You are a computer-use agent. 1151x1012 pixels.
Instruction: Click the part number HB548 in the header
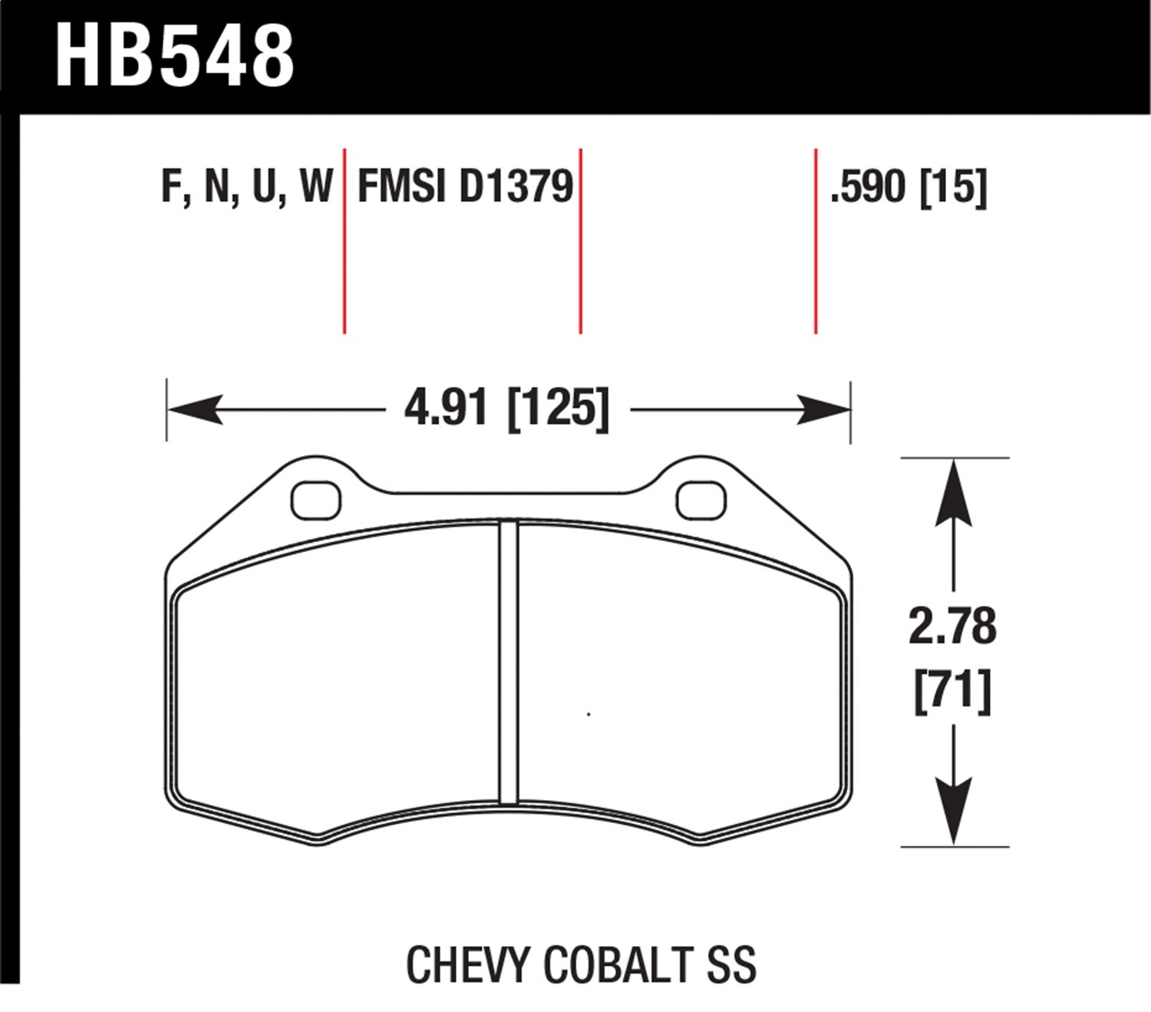coord(175,55)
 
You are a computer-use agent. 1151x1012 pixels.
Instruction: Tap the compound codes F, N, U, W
coord(247,187)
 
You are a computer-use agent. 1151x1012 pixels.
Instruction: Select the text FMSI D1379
coord(465,187)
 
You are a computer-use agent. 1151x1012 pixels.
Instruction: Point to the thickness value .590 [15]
coord(908,187)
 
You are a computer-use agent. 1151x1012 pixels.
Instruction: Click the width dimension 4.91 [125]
coord(507,408)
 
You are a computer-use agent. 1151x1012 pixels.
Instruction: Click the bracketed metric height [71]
coord(952,691)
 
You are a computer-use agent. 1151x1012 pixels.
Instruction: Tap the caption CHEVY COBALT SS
coord(581,964)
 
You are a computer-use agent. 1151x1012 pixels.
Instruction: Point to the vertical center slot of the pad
coord(509,663)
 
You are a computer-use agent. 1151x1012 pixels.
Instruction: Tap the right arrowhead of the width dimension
coord(824,409)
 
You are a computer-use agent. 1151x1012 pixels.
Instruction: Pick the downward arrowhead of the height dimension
coord(953,814)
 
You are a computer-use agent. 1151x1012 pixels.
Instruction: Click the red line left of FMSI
coord(345,240)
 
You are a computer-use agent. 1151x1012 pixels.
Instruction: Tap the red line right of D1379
coord(581,240)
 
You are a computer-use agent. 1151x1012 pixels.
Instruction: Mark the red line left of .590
coord(815,240)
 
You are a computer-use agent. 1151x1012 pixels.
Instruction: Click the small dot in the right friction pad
coord(589,715)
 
